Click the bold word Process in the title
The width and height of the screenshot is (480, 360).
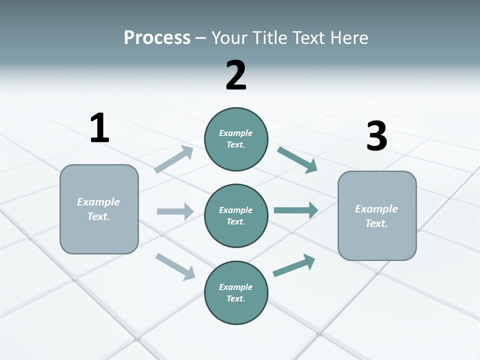click(157, 38)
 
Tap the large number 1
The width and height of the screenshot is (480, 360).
click(99, 128)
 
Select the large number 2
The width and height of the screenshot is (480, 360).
click(236, 75)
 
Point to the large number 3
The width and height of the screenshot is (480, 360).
click(376, 136)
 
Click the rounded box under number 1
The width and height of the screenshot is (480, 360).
click(99, 209)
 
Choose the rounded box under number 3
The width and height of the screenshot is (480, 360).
click(377, 215)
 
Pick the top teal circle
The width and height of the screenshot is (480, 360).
click(236, 139)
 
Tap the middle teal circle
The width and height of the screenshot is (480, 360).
click(236, 215)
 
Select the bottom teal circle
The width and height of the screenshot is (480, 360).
click(236, 292)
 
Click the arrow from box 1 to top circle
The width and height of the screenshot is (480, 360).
click(174, 159)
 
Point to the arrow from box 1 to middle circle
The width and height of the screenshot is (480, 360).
click(175, 211)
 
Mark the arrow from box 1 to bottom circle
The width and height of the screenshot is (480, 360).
click(175, 266)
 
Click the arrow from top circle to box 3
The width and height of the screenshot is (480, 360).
click(297, 160)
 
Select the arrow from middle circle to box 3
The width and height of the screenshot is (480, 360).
click(296, 210)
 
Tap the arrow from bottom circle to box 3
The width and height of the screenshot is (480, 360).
click(294, 265)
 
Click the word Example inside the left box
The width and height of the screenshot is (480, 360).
click(98, 202)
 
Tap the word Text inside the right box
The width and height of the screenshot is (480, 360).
click(376, 223)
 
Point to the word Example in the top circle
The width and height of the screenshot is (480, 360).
click(235, 133)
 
